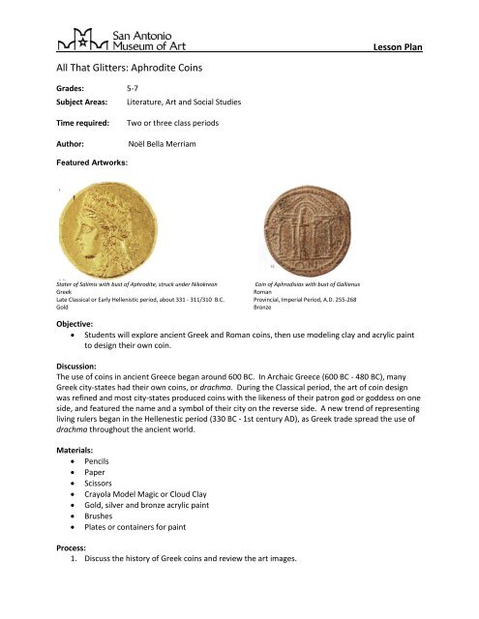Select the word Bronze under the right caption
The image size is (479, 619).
[264, 306]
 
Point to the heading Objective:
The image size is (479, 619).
[75, 323]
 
